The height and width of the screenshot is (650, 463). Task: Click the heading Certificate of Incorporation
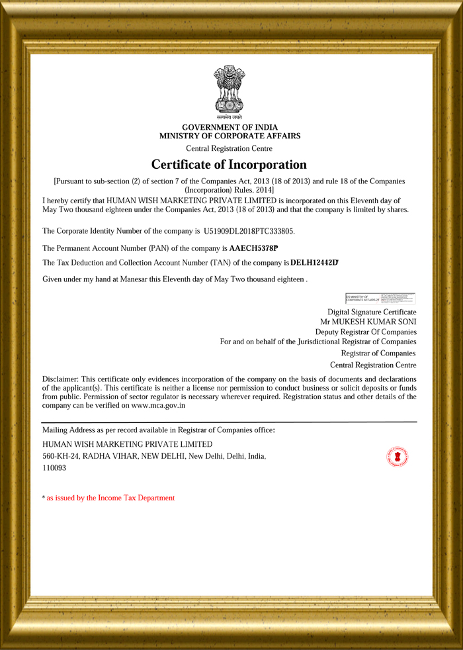pos(229,164)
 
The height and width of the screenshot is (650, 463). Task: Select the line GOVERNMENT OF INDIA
pos(230,127)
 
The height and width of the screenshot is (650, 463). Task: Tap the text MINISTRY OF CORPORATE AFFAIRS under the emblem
pos(230,136)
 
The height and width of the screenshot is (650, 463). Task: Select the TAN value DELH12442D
pos(315,263)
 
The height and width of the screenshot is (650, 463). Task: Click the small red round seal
pos(397,457)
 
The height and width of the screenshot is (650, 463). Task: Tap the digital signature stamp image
pos(380,299)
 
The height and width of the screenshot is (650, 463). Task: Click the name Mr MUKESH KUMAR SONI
pos(368,322)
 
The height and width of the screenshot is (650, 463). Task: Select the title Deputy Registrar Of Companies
pos(366,332)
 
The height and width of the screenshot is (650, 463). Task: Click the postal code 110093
pos(54,468)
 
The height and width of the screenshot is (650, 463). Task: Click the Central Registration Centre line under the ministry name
pos(229,149)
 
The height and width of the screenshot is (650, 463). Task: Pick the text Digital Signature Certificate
pos(372,312)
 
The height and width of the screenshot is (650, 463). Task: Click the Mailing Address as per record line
pos(158,430)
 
